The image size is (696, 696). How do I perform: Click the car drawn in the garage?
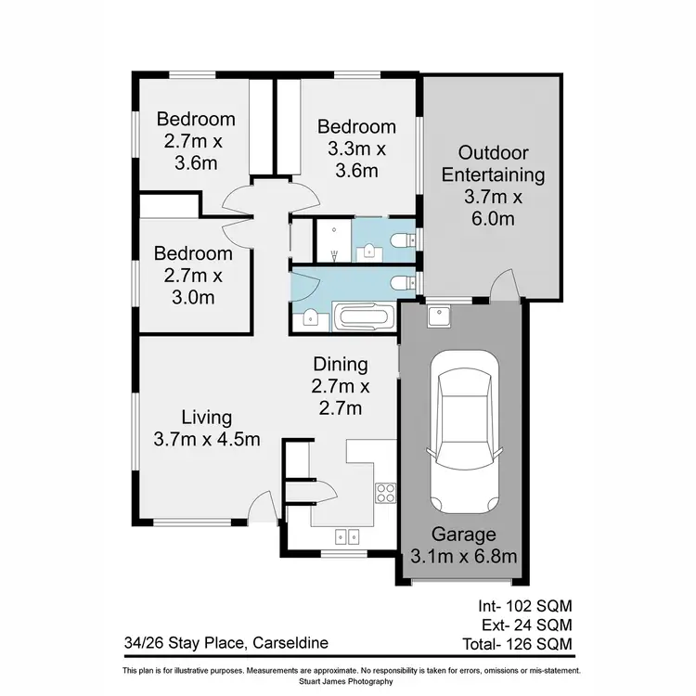coord(461,435)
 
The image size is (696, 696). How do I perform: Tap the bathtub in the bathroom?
coord(369,318)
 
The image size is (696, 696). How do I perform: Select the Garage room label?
coord(462,535)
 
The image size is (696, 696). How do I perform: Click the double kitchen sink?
coord(348,535)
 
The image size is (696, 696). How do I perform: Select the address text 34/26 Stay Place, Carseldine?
coord(226,642)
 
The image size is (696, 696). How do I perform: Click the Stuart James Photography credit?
coord(348,681)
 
